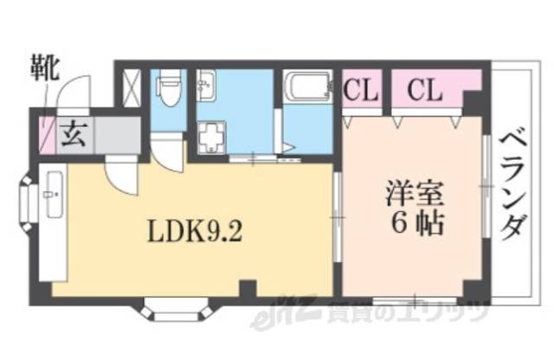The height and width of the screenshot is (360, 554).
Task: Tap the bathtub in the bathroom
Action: [304, 88]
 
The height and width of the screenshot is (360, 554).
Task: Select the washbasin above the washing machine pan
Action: [206, 86]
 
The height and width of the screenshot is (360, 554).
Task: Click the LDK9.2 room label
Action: [192, 232]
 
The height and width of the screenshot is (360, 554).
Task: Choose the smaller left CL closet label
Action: [361, 89]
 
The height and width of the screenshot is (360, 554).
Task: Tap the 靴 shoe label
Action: [42, 68]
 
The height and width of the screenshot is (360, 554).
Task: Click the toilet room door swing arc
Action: [166, 149]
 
